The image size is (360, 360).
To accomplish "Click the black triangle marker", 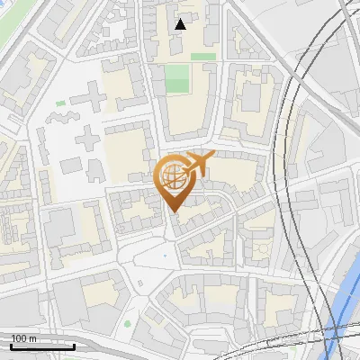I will (x=181, y=24).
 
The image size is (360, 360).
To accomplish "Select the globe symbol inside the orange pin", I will (x=174, y=177).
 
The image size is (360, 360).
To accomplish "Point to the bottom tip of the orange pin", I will (x=174, y=212).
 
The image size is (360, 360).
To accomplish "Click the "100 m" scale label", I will (x=23, y=338).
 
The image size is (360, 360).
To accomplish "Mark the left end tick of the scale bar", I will (x=10, y=346).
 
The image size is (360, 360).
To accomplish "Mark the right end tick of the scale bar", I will (x=75, y=346).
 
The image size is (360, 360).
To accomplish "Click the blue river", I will (x=346, y=306).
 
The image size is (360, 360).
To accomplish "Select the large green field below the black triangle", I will (x=176, y=78).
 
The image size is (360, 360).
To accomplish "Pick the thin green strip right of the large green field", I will (x=203, y=57).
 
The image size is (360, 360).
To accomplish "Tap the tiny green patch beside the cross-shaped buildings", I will (x=60, y=103).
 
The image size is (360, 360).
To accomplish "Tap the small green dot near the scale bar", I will (x=127, y=323).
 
